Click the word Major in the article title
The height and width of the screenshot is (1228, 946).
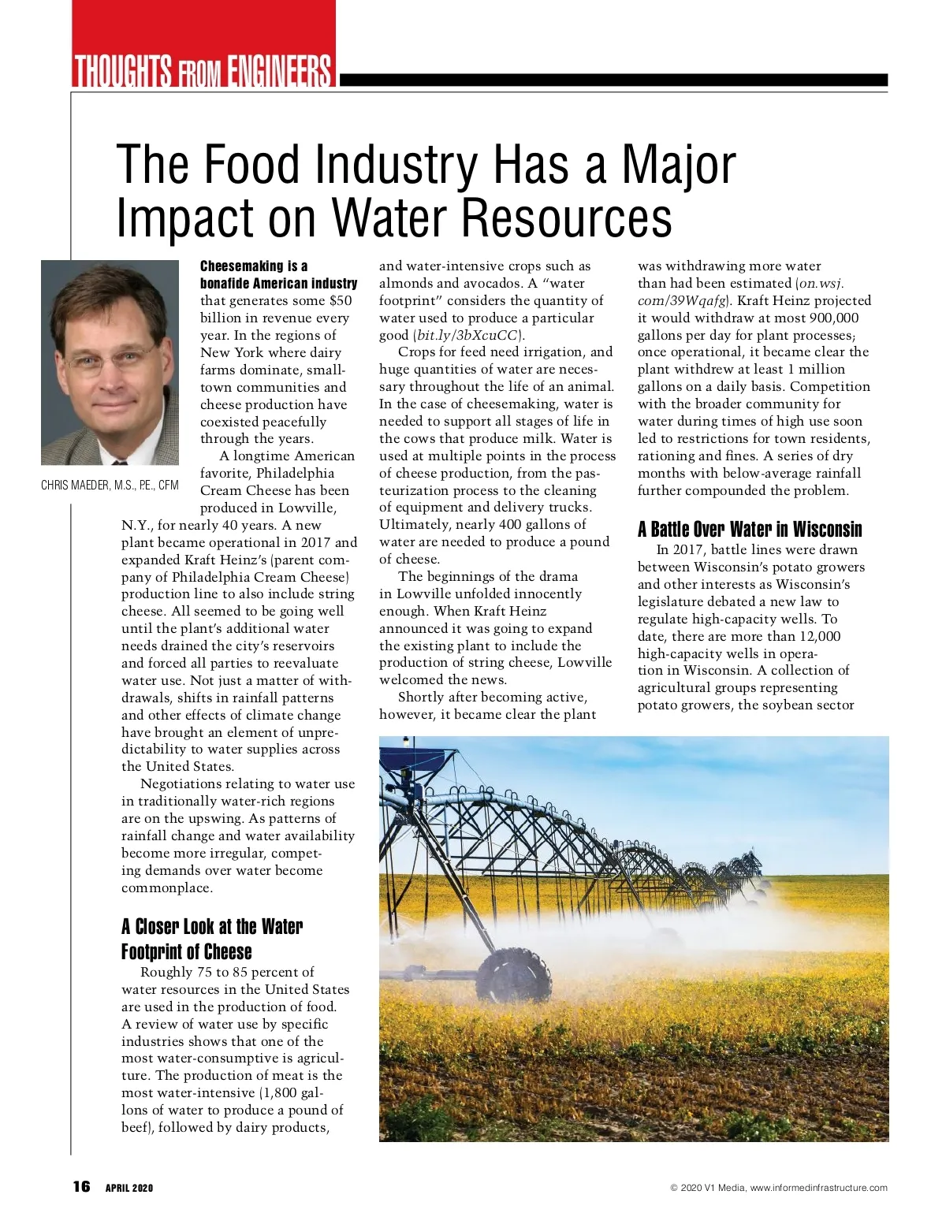pos(679,165)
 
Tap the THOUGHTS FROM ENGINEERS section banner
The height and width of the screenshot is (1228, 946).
pos(203,71)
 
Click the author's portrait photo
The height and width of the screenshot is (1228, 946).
pos(110,363)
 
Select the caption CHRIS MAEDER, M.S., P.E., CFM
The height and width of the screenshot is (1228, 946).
pos(110,486)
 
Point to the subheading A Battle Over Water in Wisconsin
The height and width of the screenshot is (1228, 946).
pos(750,529)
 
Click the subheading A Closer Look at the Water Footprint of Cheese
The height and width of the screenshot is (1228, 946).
pos(211,939)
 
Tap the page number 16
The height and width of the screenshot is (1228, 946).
pos(81,1187)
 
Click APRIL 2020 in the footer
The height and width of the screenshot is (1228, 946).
pos(129,1188)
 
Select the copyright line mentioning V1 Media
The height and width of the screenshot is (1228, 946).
pos(778,1188)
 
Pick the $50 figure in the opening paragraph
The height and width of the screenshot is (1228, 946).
pos(341,300)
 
